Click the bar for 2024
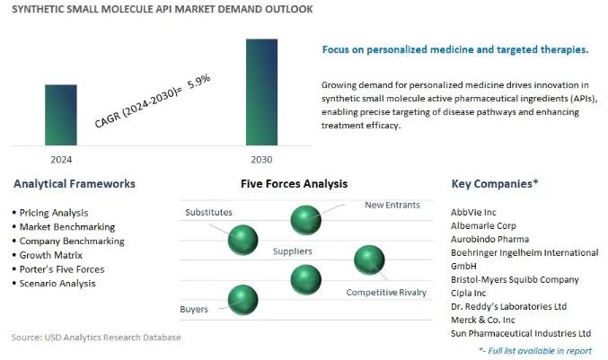61,115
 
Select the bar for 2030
261,92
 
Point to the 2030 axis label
261,160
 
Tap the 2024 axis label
61,160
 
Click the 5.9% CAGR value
198,81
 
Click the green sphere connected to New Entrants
306,220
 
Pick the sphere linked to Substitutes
243,241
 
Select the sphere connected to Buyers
243,300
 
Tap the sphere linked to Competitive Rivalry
369,260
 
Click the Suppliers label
293,251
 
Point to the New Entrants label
392,205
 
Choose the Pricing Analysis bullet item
54,213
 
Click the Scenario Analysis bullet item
57,284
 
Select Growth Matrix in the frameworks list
51,255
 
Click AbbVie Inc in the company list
473,213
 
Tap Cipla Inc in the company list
469,293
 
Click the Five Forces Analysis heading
294,184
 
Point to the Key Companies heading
495,184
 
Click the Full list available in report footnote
535,351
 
